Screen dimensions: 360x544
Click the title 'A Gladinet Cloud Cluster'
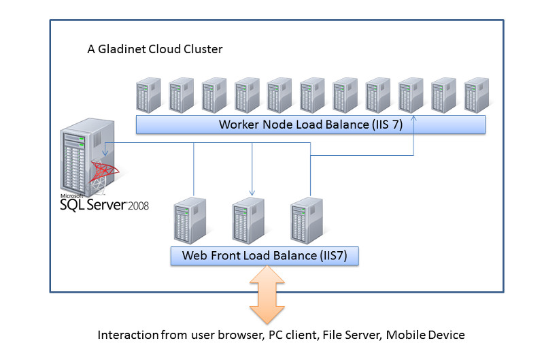(x=155, y=50)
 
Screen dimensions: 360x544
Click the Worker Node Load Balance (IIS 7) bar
(x=310, y=125)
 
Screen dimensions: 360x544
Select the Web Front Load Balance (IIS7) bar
(x=265, y=256)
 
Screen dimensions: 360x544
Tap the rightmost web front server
(x=306, y=220)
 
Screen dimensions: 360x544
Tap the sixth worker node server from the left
(x=312, y=95)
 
